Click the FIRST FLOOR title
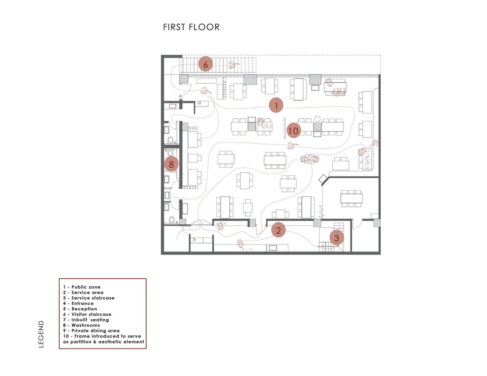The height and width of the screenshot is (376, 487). coord(191,27)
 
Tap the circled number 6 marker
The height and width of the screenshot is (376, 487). coord(206,64)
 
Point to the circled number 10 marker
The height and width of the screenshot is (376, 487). coord(293,131)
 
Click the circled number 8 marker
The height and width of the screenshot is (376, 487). coord(171,164)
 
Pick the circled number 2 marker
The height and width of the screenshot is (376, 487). coord(278,230)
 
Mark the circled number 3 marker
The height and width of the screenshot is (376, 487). coord(336,238)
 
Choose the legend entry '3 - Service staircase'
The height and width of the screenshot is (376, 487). coord(88,298)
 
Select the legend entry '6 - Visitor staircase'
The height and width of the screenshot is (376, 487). coord(87,314)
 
